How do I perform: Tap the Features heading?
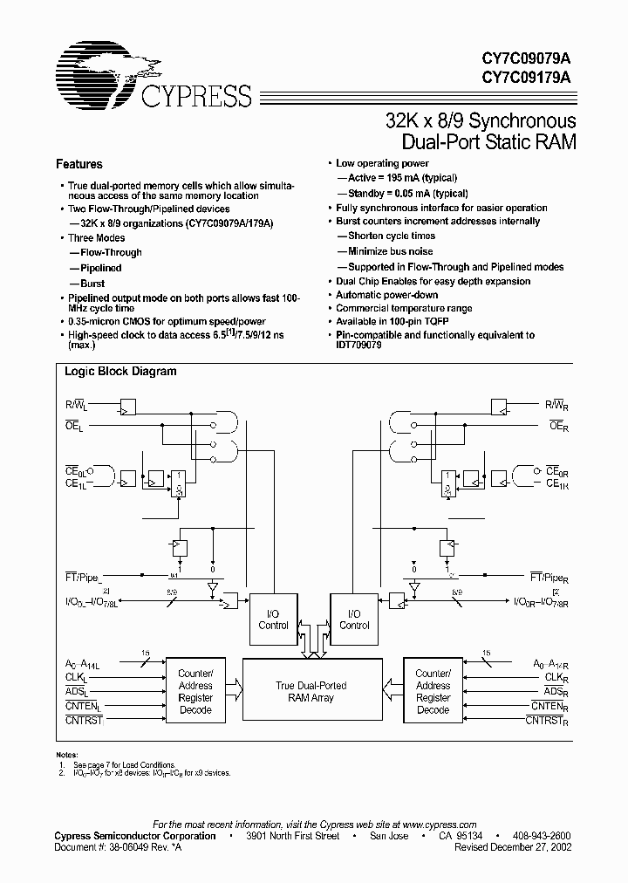click(x=79, y=164)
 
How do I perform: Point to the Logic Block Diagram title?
click(x=120, y=371)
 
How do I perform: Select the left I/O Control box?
click(x=273, y=619)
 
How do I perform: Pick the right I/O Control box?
click(x=354, y=619)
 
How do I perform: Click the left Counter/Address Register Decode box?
click(x=195, y=692)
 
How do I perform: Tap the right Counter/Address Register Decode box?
click(x=433, y=692)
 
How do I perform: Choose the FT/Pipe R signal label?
click(x=549, y=577)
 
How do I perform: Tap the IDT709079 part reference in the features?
click(x=360, y=346)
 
